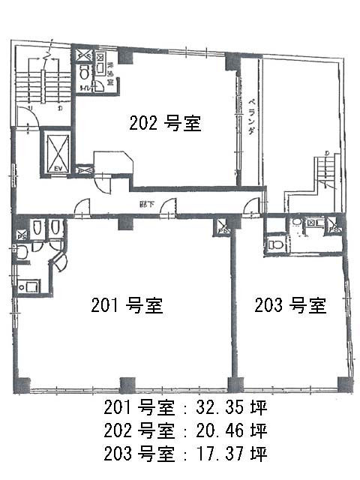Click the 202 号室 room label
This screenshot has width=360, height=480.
click(165, 123)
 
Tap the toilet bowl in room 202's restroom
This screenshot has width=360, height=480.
click(84, 73)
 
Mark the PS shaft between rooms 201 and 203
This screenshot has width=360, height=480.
click(223, 227)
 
